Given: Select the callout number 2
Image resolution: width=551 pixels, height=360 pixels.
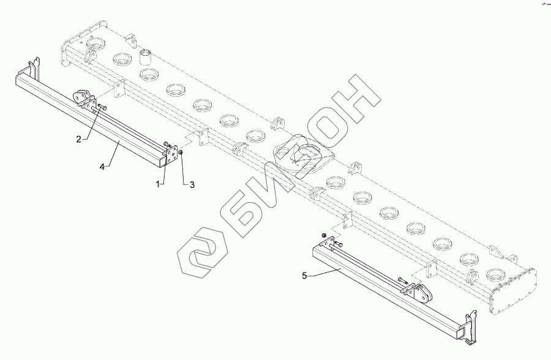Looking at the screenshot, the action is pos(78,140).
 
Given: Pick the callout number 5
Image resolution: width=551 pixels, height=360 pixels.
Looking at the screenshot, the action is pos(305,276).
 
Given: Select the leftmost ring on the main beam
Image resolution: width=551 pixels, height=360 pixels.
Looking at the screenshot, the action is pos(96,44).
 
